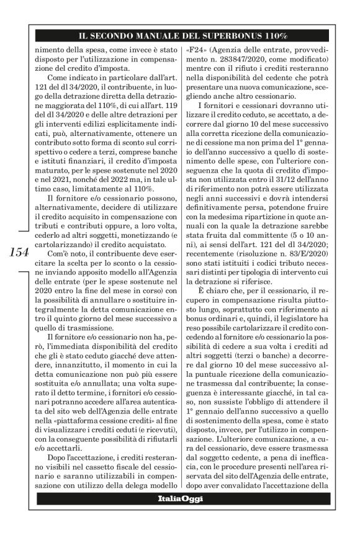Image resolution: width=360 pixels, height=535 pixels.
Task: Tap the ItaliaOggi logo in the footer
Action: tap(179, 516)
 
